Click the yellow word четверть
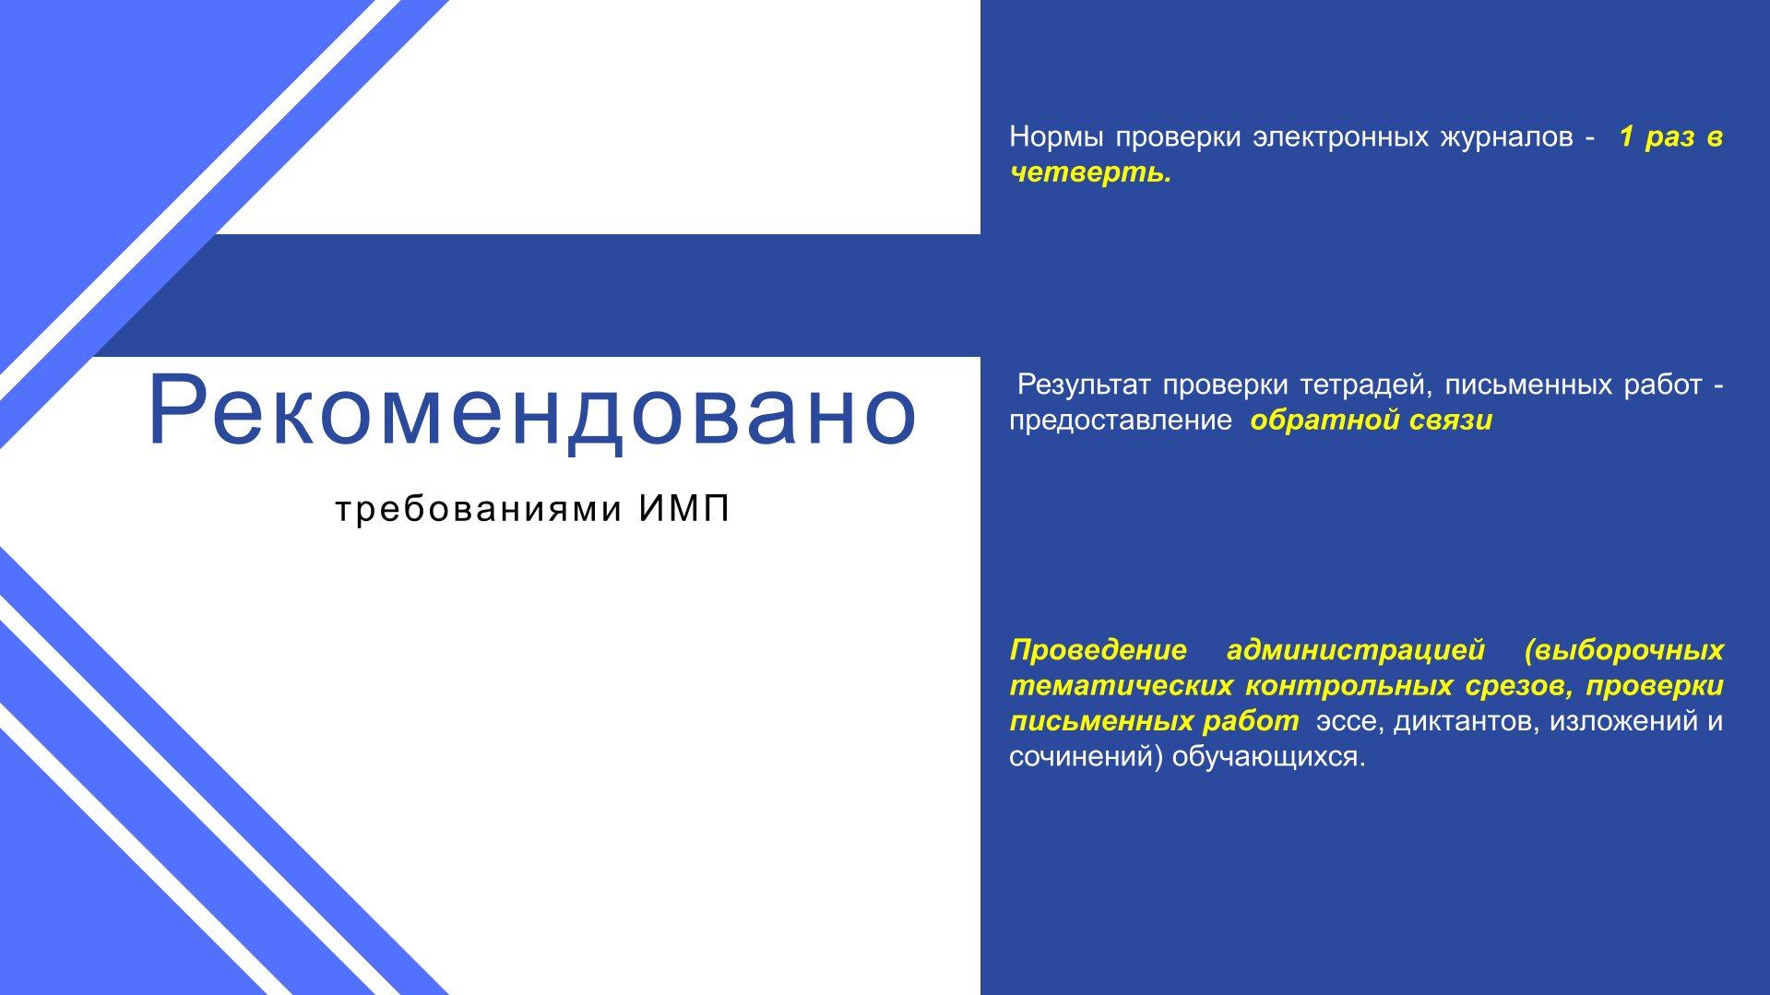[1090, 172]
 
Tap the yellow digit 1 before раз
[1627, 136]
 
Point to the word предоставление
[1120, 421]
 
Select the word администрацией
[1356, 651]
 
